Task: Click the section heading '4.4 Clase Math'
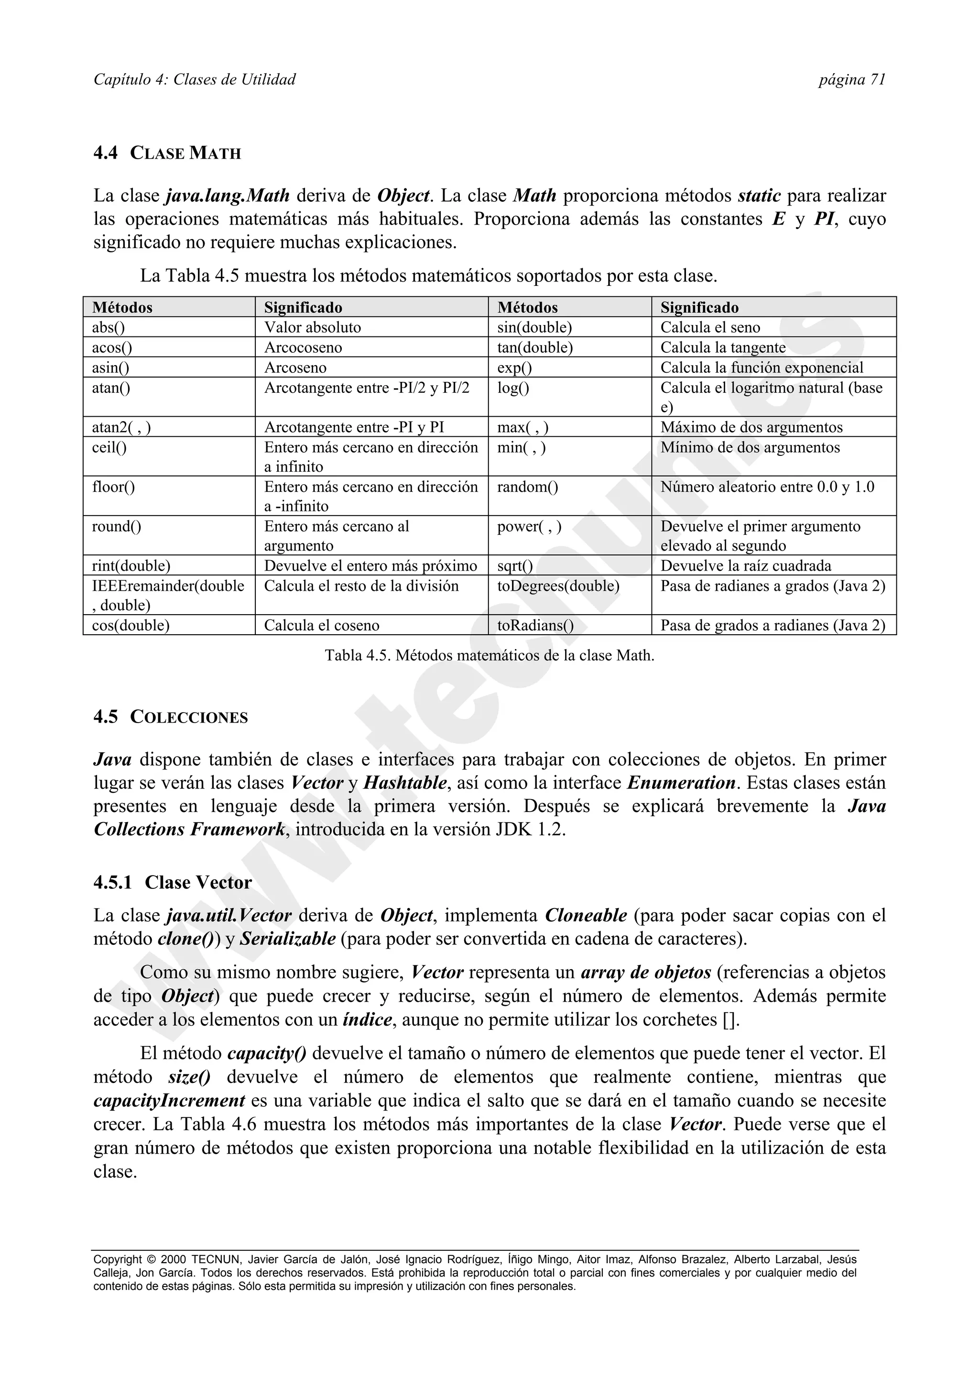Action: tap(167, 153)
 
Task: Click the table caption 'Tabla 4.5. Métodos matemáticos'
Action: tap(489, 655)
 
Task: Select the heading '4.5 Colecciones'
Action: tap(171, 717)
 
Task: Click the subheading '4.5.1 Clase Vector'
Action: tap(173, 883)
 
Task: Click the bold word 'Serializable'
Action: tap(288, 939)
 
